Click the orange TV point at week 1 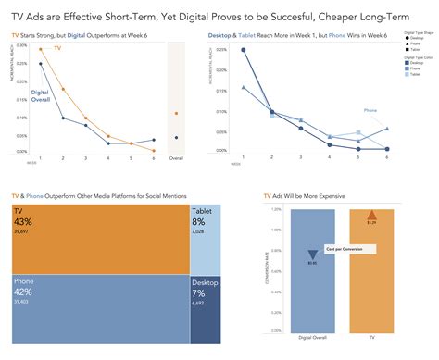(40, 49)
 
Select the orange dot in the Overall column (176, 114)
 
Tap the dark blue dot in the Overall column (176, 138)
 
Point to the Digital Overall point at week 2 (63, 118)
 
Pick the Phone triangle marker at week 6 (387, 129)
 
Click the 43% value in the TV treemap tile (23, 221)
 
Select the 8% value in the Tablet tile (198, 222)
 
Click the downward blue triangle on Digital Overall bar (312, 254)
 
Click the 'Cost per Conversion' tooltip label (349, 249)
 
